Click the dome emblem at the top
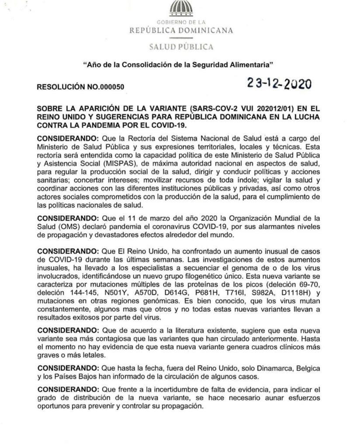(x=181, y=9)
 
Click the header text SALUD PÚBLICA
(x=181, y=47)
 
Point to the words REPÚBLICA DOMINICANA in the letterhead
(x=181, y=31)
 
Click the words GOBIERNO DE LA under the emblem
(x=181, y=22)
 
